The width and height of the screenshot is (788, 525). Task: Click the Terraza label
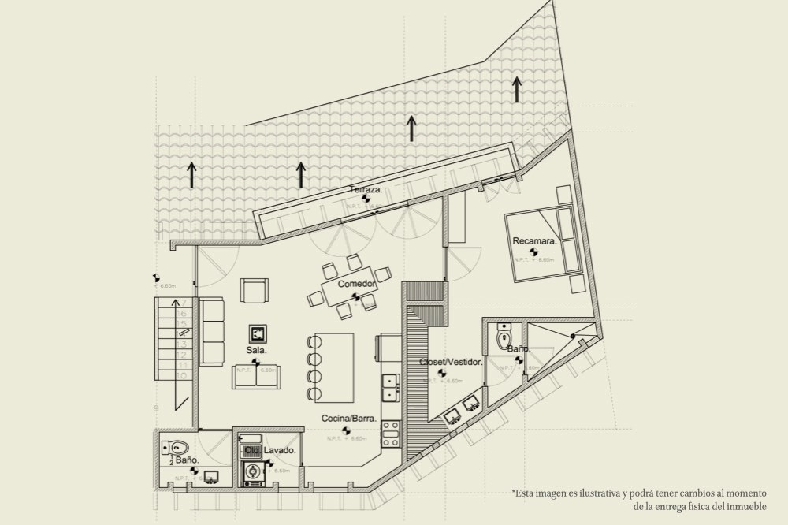pyautogui.click(x=366, y=190)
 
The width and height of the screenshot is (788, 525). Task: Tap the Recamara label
pyautogui.click(x=534, y=240)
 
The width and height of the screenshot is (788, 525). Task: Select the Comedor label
pyautogui.click(x=356, y=284)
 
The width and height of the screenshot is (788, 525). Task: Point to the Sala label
pyautogui.click(x=257, y=349)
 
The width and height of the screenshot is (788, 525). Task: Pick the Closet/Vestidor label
pyautogui.click(x=451, y=363)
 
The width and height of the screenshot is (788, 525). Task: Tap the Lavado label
pyautogui.click(x=280, y=451)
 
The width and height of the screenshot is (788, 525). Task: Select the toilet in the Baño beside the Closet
pyautogui.click(x=505, y=338)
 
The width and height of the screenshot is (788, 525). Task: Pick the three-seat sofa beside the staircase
pyautogui.click(x=211, y=331)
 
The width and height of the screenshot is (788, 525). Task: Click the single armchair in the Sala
pyautogui.click(x=255, y=291)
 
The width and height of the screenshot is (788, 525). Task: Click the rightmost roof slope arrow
pyautogui.click(x=517, y=89)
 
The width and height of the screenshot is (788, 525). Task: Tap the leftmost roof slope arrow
pyautogui.click(x=191, y=173)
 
